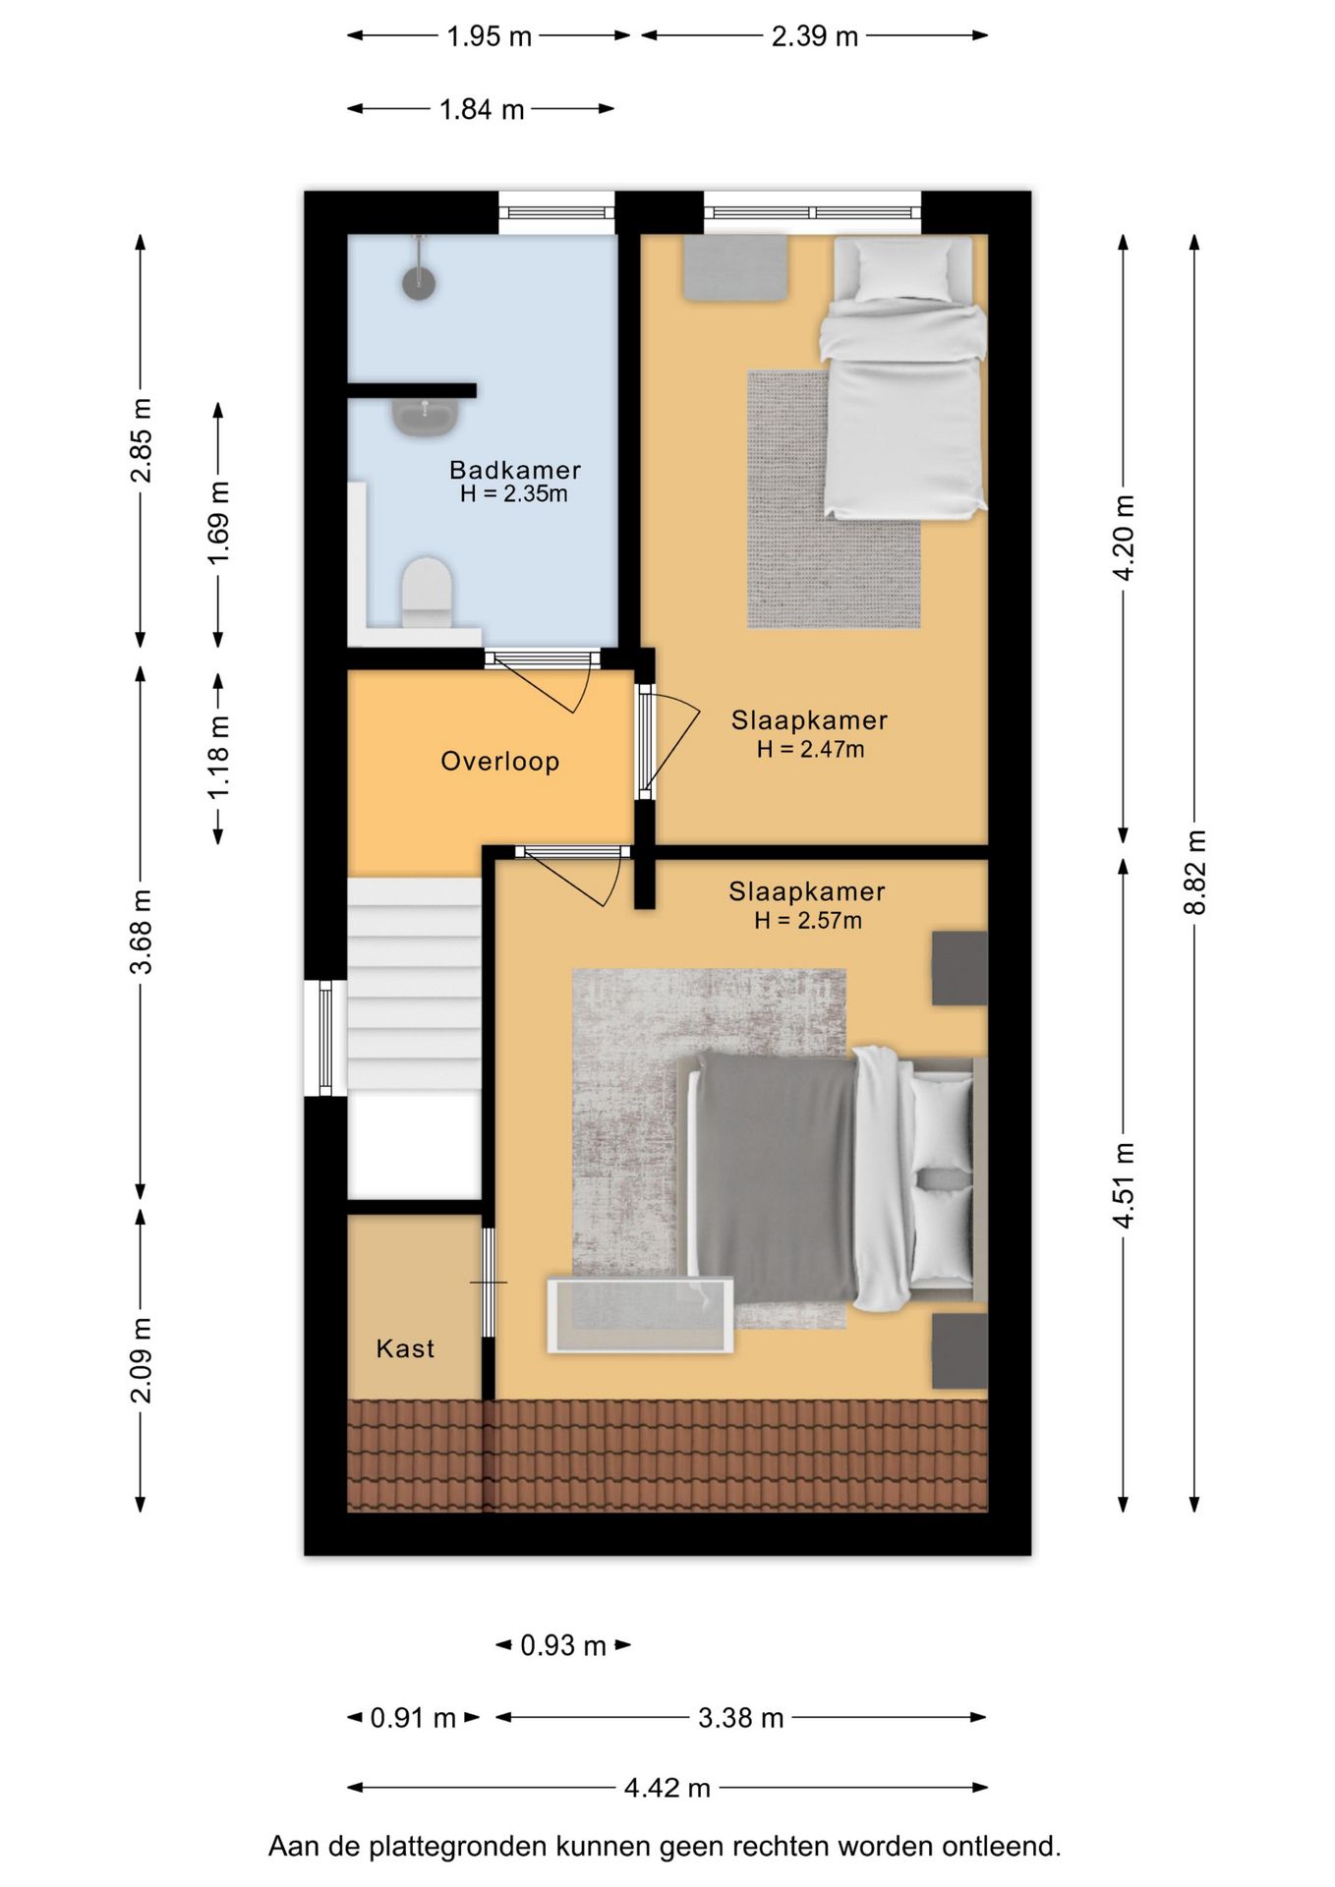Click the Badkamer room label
tap(514, 470)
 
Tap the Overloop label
tap(499, 762)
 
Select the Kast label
tap(405, 1348)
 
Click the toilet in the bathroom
tap(427, 593)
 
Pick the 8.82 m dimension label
tap(1194, 873)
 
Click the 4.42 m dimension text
tap(667, 1787)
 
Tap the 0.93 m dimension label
tap(563, 1645)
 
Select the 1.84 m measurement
tap(482, 109)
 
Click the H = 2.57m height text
tap(808, 921)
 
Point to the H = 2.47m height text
tap(810, 750)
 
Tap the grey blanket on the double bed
tap(776, 1176)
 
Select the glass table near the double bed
tap(640, 1315)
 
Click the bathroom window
tap(556, 212)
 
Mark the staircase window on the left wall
tap(325, 1038)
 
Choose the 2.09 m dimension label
tap(142, 1360)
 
